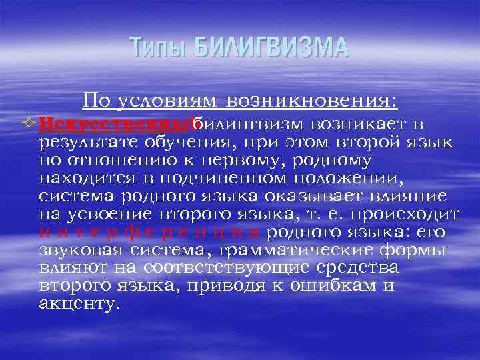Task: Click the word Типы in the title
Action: click(158, 47)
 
